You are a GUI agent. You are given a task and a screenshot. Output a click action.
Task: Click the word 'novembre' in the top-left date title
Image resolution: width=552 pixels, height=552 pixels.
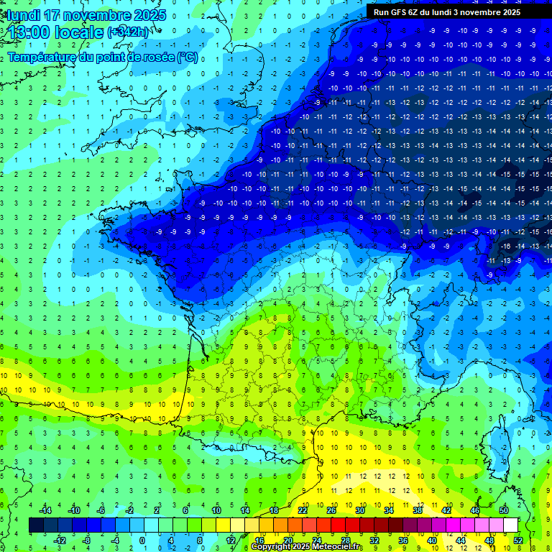[x=92, y=15]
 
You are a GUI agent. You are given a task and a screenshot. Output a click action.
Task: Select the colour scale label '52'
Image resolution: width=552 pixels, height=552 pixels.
[x=518, y=540]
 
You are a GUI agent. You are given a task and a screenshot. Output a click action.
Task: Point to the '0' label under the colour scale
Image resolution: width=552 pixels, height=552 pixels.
[x=142, y=540]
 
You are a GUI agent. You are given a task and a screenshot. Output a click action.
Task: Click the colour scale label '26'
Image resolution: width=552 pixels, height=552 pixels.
[x=331, y=510]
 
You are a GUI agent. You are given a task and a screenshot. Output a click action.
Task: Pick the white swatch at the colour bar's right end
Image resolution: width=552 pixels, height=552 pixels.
[x=510, y=525]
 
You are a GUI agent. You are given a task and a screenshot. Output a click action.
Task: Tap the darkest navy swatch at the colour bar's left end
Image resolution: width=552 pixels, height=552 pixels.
[x=36, y=525]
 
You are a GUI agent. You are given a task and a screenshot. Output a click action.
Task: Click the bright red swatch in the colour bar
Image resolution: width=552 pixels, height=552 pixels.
[x=338, y=525]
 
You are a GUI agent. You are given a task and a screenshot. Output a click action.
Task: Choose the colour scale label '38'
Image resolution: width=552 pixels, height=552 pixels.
[x=418, y=510]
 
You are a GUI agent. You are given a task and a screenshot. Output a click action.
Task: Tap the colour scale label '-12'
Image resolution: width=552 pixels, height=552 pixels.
[x=60, y=540]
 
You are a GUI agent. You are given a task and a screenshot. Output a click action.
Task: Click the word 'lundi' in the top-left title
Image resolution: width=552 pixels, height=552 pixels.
[x=22, y=15]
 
